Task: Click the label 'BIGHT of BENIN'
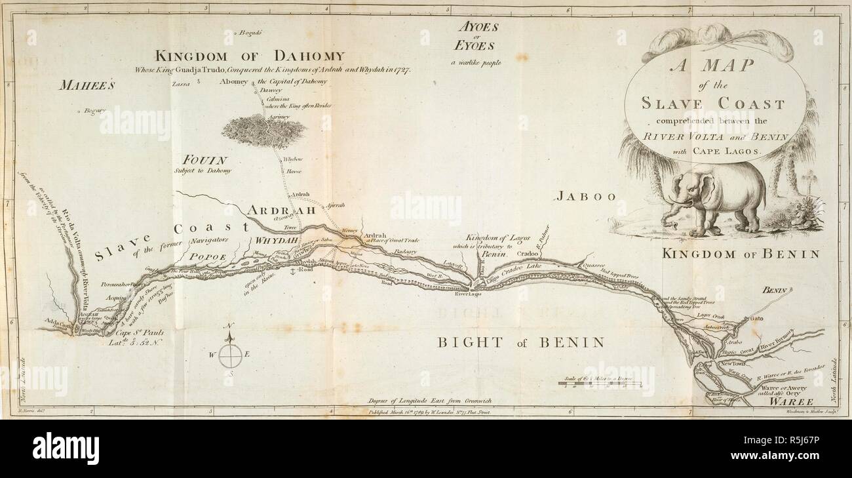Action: click(521, 342)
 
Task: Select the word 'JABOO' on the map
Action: click(587, 196)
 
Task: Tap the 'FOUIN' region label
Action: click(204, 160)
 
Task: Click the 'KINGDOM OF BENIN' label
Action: click(741, 253)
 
